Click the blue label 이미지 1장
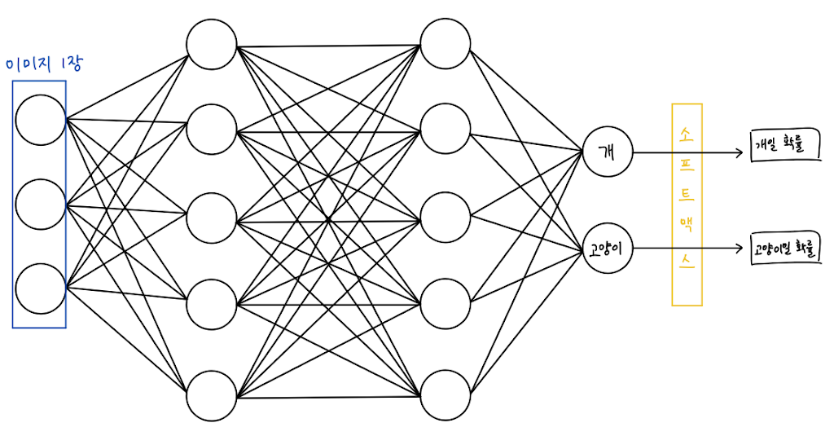point(44,64)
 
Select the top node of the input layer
point(40,120)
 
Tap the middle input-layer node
point(40,204)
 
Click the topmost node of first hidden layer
point(211,44)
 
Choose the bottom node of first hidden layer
point(211,396)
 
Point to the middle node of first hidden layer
point(211,219)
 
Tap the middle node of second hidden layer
point(446,218)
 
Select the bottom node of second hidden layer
point(446,396)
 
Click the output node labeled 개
point(607,151)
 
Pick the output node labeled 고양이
point(607,248)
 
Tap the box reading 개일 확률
point(782,148)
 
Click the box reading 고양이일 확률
point(786,249)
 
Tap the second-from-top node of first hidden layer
point(211,130)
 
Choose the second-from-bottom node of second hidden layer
point(446,306)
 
